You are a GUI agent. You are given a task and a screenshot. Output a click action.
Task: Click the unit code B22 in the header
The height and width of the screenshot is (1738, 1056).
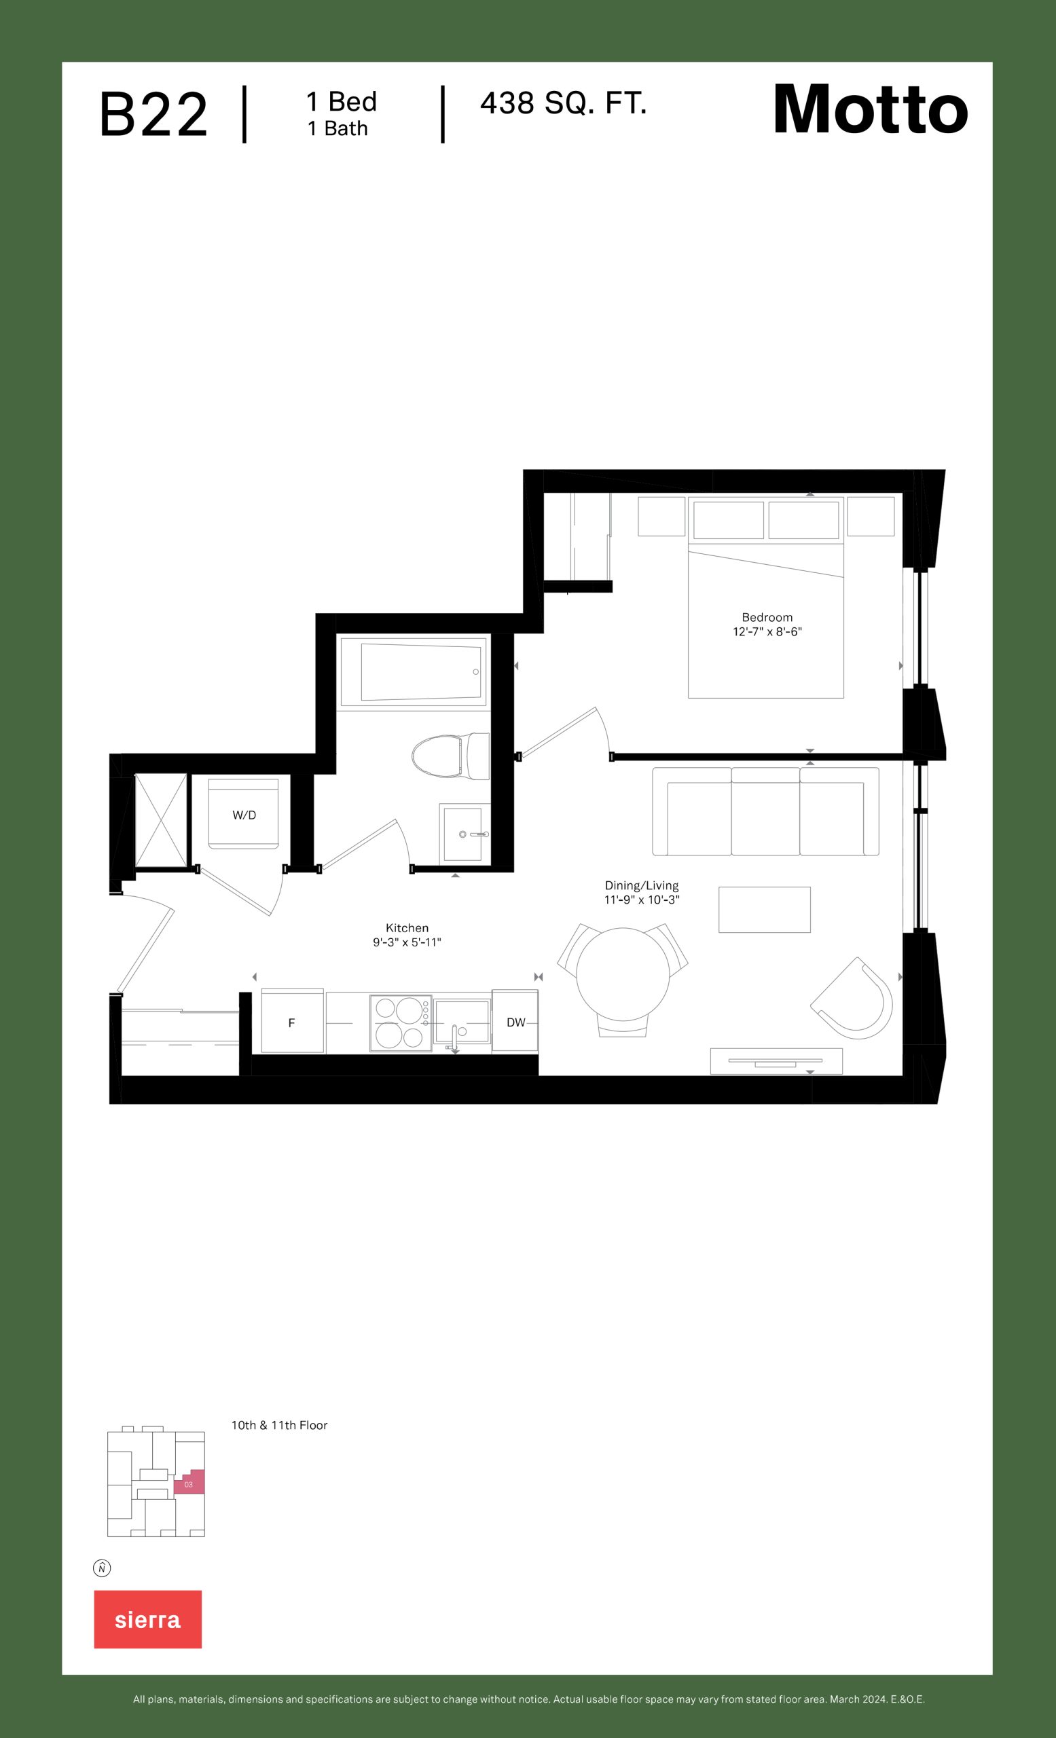(153, 114)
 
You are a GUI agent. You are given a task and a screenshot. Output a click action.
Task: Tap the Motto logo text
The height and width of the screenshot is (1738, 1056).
(871, 109)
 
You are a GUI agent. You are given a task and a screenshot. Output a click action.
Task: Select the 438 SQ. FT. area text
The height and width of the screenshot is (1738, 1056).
(564, 104)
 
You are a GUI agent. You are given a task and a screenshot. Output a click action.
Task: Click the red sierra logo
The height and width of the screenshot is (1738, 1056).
(148, 1619)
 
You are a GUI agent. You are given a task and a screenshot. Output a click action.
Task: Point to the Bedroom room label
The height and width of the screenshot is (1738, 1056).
(767, 617)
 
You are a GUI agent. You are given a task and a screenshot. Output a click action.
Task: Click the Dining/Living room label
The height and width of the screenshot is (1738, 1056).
(641, 885)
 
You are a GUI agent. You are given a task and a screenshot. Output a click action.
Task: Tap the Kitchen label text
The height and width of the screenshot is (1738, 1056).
(407, 927)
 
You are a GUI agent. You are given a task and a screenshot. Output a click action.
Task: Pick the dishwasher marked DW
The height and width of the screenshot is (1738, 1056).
(515, 1022)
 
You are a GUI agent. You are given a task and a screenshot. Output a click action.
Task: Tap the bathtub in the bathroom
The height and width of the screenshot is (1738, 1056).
(414, 671)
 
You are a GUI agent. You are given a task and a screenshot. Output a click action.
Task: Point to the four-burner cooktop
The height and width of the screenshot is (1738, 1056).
(401, 1022)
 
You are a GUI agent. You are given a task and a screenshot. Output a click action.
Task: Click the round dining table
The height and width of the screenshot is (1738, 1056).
(623, 974)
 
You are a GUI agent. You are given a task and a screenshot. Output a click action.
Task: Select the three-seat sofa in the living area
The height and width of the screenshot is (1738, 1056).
(765, 811)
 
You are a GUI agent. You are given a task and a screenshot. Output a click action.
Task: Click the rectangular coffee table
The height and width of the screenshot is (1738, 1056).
(765, 909)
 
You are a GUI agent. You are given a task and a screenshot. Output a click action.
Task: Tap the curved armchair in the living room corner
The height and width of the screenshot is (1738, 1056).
(854, 999)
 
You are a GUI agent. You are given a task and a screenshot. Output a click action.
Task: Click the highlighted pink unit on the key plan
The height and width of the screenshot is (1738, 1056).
(189, 1482)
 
